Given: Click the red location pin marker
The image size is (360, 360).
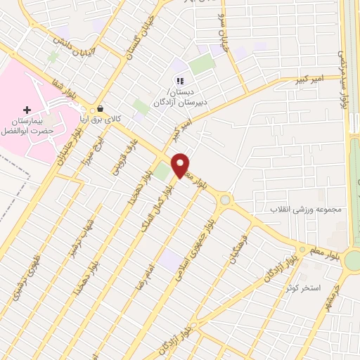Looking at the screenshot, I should (x=181, y=165).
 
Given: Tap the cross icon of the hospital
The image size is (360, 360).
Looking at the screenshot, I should (x=27, y=110).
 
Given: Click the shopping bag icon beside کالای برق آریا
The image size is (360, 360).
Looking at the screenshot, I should (x=101, y=110).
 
